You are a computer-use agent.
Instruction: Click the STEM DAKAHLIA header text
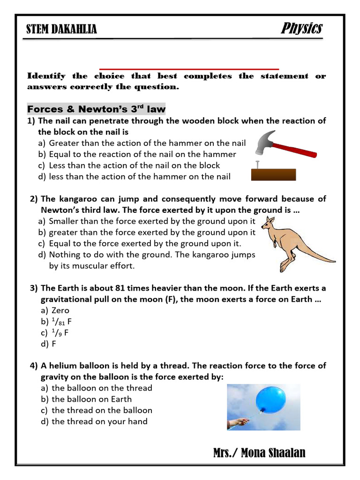62,30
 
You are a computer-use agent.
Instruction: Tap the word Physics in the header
301,28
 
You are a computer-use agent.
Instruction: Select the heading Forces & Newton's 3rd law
96,109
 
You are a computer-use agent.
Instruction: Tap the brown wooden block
273,174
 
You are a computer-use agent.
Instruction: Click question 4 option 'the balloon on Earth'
91,399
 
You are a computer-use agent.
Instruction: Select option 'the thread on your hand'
99,421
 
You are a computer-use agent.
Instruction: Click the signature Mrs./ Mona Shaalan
259,452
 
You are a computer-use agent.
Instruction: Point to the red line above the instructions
189,68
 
